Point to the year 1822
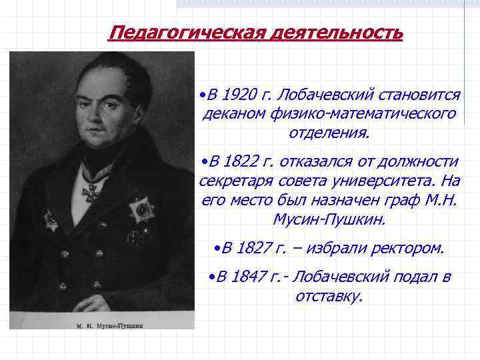pos(241,161)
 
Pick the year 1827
pos(253,249)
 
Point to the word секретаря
pos(233,181)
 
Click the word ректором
pos(407,249)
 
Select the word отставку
pos(329,296)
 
